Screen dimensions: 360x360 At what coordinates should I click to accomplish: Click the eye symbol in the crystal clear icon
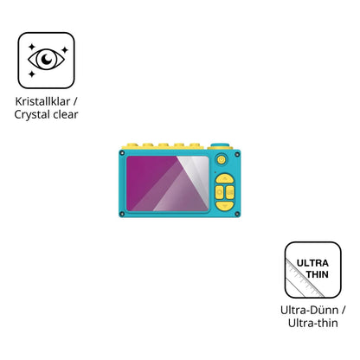(46, 60)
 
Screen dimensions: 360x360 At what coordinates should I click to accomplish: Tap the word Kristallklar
(42, 101)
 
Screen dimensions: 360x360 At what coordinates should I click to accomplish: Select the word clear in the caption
(64, 114)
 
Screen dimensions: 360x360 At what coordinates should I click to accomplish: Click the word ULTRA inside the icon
(312, 263)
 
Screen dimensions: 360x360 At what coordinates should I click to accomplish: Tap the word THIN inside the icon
(318, 274)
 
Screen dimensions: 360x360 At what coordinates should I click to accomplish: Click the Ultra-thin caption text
(313, 323)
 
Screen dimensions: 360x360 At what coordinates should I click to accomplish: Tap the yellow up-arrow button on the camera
(225, 179)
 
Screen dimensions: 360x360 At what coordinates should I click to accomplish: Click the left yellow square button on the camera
(220, 192)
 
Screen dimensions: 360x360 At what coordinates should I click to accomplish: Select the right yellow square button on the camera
(230, 192)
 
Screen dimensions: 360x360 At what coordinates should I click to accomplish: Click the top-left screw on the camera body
(122, 153)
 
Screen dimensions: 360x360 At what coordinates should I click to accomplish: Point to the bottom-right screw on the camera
(237, 214)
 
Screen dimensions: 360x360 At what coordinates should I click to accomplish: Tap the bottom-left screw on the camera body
(122, 214)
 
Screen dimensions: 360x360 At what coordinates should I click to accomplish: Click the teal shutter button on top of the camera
(220, 145)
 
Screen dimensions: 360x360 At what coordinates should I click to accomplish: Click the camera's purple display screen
(167, 183)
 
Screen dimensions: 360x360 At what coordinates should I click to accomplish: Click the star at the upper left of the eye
(32, 47)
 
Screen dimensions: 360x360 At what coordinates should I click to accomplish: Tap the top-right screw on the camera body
(237, 155)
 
